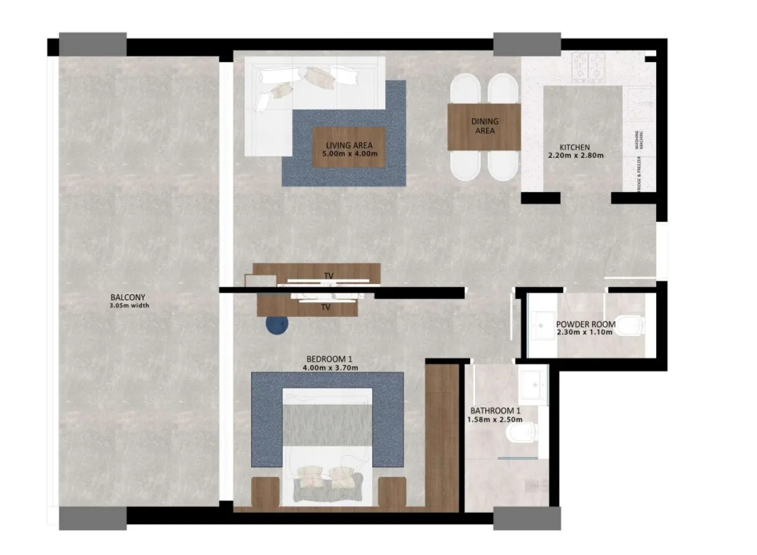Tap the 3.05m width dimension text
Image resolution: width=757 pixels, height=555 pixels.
[x=130, y=306]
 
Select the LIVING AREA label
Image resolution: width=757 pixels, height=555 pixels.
[x=349, y=145]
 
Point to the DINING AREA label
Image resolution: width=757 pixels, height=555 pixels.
[x=485, y=126]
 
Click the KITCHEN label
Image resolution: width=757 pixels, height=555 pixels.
[x=574, y=147]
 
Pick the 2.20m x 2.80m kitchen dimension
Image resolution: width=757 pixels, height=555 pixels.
[x=575, y=155]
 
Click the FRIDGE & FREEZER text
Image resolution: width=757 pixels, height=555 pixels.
[x=639, y=175]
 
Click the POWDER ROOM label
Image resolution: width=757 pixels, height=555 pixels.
[x=586, y=324]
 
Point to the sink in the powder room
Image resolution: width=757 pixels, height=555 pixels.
[x=540, y=325]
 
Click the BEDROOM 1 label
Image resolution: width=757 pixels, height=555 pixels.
[x=329, y=359]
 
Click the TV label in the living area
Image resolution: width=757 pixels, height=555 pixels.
[x=329, y=276]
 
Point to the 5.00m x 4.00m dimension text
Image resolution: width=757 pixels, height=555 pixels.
[x=352, y=154]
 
